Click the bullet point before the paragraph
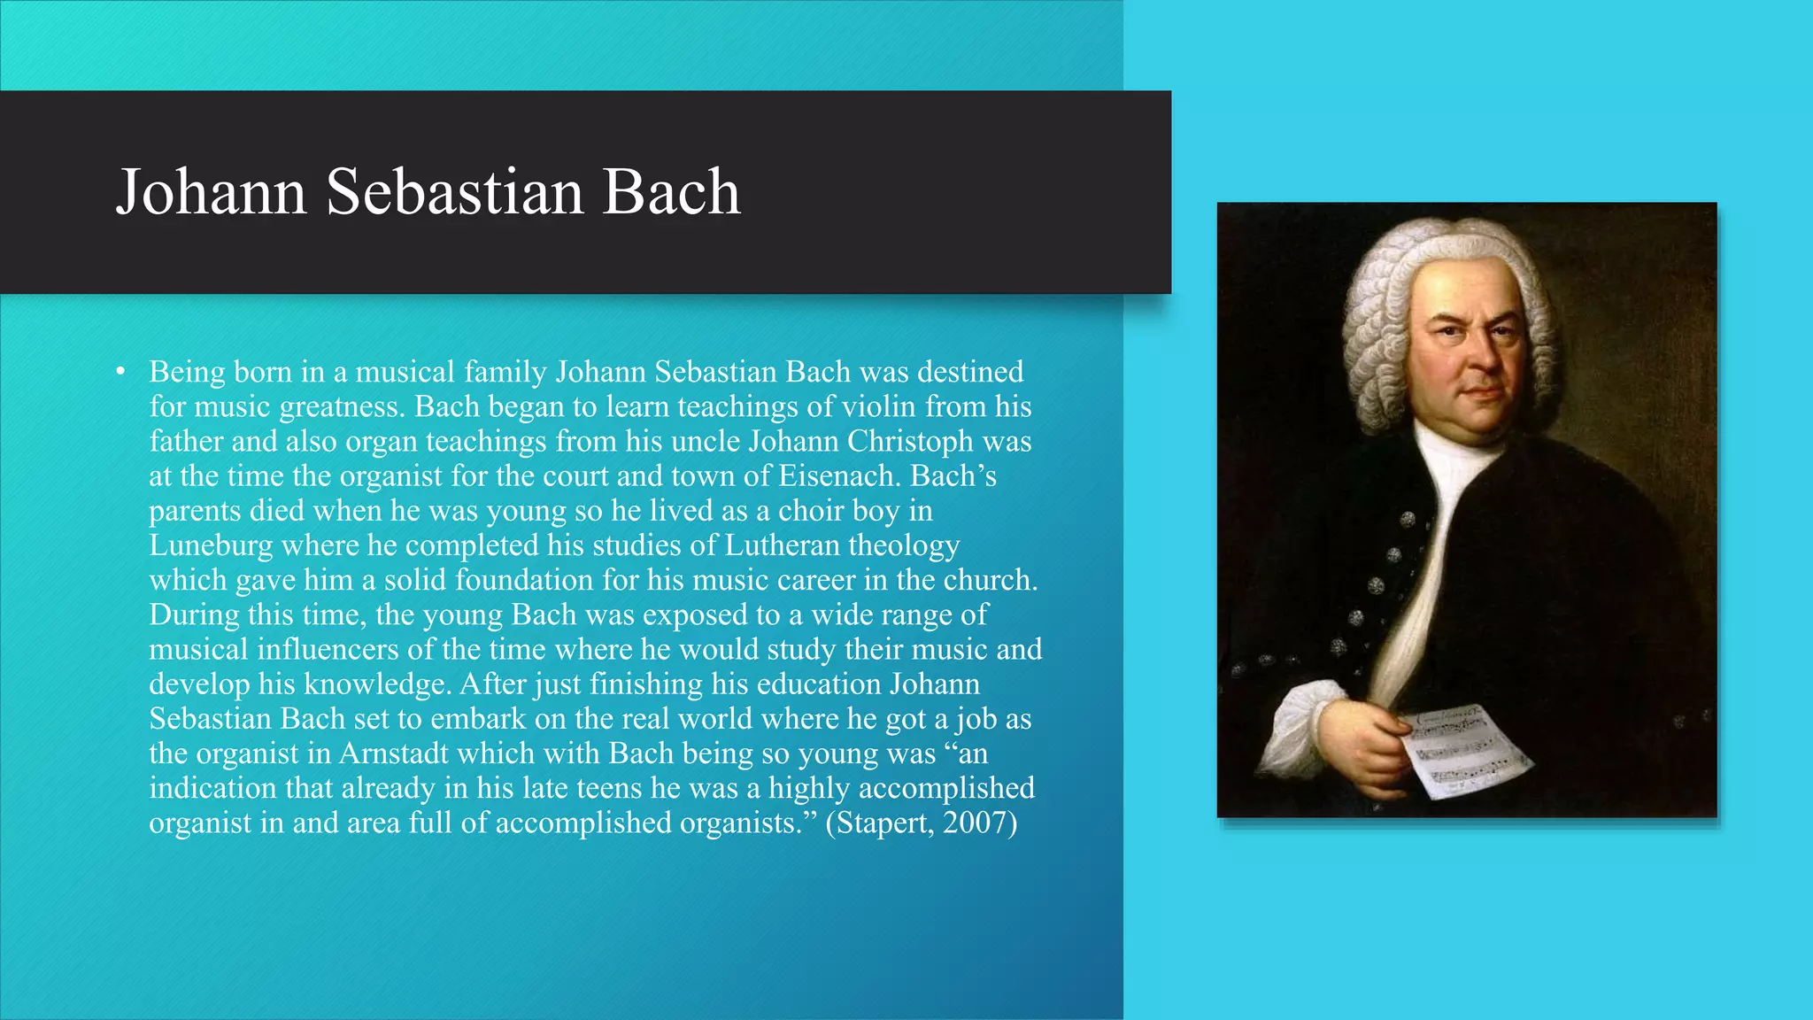pyautogui.click(x=120, y=371)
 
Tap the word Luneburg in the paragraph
pyautogui.click(x=210, y=545)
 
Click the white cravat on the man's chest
pyautogui.click(x=1439, y=531)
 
